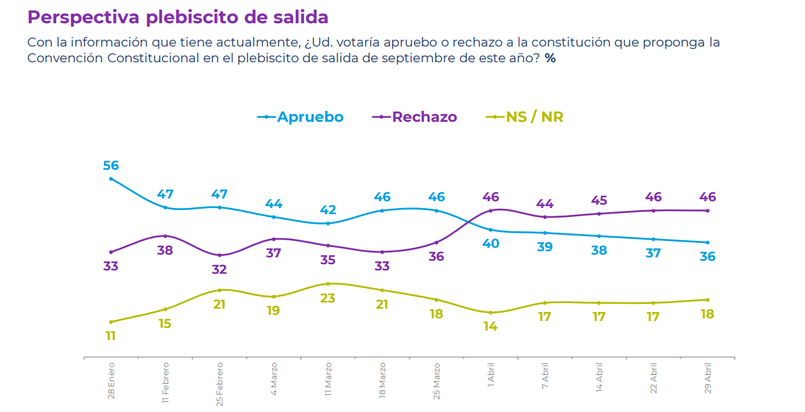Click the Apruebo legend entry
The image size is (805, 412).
point(301,117)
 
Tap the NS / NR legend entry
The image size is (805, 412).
point(525,117)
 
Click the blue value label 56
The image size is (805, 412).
point(111,166)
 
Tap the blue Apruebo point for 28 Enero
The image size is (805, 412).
point(111,179)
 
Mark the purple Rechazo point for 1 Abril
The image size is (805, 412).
point(491,211)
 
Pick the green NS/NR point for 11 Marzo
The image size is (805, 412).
point(328,283)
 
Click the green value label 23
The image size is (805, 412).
point(328,298)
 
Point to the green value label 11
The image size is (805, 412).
point(111,336)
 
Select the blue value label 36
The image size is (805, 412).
point(708,257)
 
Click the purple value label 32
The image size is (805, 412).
point(219,270)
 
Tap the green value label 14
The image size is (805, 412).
point(491,326)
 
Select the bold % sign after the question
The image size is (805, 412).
point(550,59)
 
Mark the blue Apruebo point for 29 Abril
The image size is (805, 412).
point(708,242)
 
